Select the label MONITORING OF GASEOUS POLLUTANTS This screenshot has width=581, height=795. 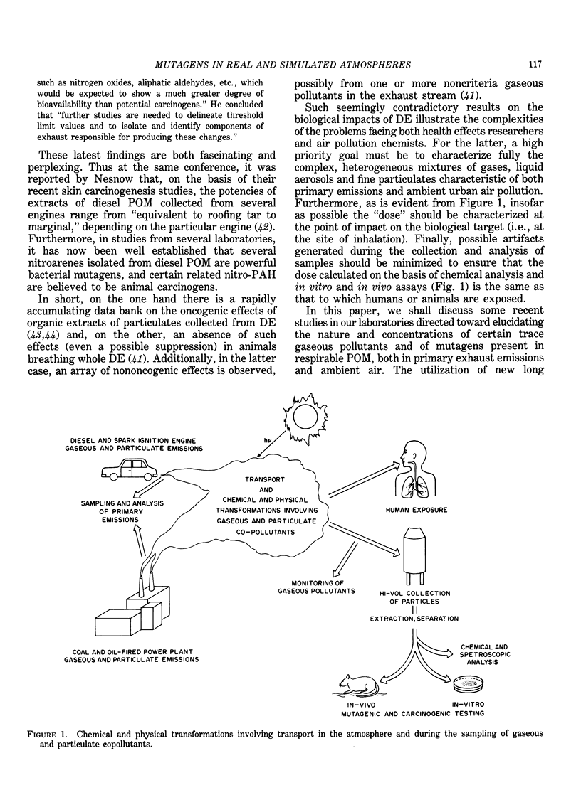pos(316,587)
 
